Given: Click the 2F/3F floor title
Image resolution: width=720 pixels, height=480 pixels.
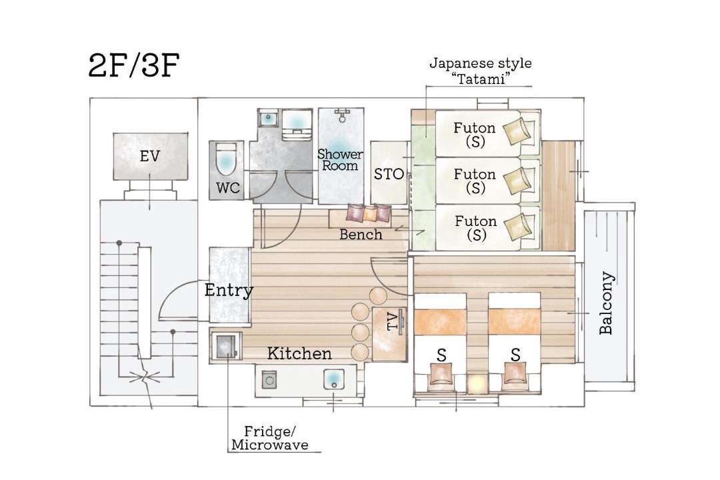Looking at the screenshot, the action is pos(133,66).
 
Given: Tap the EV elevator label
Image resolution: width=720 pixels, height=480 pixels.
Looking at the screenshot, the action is pos(150,156).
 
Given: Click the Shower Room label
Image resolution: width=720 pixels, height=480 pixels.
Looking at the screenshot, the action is pos(340,160).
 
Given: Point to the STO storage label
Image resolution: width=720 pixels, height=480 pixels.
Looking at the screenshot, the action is pos(389,174).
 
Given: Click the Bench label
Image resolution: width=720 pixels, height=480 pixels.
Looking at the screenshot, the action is pos(361,235).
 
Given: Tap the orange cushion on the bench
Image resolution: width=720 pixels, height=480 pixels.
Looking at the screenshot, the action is pos(370,213).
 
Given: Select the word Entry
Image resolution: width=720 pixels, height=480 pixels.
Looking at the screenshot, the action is pos(229,290).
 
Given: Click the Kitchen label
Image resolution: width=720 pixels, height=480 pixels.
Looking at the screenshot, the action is pos(299,353).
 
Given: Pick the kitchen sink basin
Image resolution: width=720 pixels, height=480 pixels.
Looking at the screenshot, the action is pos(333,379).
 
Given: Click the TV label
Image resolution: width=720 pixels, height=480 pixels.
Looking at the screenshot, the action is pos(393,321).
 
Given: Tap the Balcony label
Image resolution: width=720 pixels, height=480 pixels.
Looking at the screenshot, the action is pos(606,303).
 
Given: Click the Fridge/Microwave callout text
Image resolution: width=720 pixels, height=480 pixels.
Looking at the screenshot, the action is pos(270,438).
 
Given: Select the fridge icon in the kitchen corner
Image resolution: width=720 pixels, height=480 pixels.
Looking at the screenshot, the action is pos(226,345).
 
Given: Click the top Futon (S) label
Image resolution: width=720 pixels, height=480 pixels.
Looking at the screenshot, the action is pos(475,134).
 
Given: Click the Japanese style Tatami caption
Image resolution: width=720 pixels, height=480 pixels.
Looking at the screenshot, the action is pos(480,71).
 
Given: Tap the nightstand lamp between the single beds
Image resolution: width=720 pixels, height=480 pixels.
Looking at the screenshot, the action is pos(477,383).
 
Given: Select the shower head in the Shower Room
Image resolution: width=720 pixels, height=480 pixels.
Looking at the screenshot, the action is pos(341,115).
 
